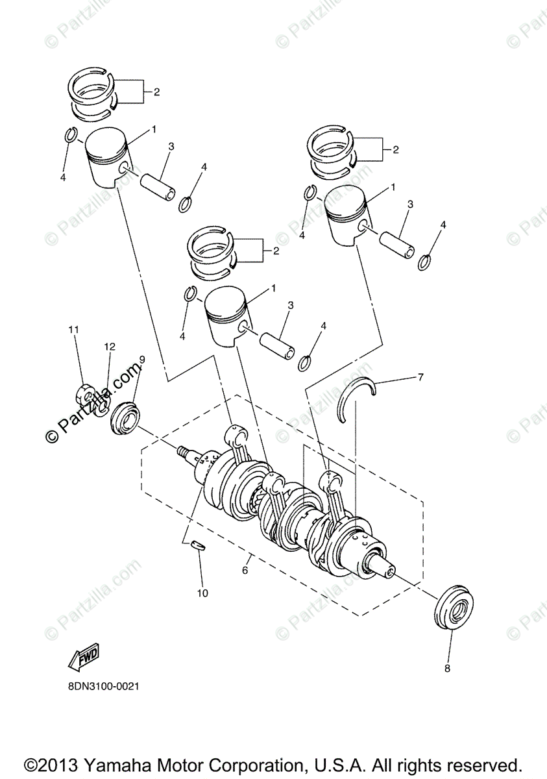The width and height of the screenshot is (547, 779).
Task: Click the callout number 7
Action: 420,377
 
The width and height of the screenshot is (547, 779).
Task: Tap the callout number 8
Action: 447,668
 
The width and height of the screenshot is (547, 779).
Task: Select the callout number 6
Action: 245,570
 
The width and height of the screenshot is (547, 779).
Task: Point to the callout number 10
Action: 202,593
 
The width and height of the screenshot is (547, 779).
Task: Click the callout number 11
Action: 74,330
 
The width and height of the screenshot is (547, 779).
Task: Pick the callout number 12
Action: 109,347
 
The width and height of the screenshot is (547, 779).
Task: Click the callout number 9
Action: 141,359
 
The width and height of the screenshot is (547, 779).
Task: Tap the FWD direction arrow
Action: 82,659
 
